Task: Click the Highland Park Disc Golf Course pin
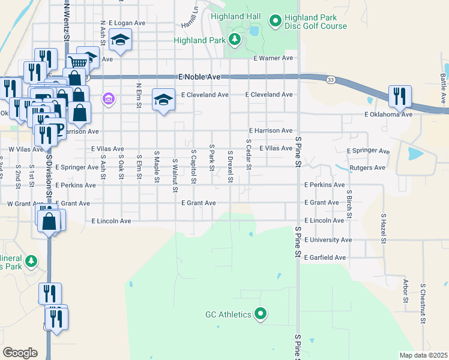point(276,22)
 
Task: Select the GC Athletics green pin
point(261,314)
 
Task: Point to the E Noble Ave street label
point(200,77)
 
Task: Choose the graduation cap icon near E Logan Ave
point(120,41)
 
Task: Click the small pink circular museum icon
point(108,98)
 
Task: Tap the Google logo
point(20,353)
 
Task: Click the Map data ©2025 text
point(423,355)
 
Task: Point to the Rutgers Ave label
point(367,167)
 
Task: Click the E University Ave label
point(328,239)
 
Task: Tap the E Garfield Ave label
point(325,257)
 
